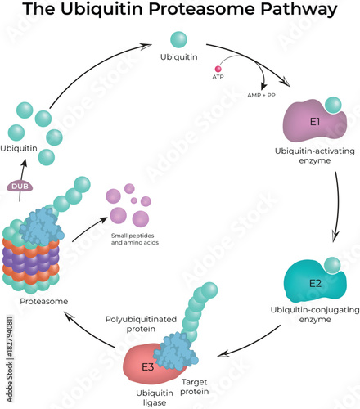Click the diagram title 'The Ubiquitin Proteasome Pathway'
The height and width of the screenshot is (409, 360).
[179, 11]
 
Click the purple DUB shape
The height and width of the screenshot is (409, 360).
[20, 187]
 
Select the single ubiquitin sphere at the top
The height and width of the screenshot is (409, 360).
[178, 38]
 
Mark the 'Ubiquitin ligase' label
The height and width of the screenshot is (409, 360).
[147, 397]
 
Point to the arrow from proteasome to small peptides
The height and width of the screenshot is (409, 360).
[90, 230]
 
